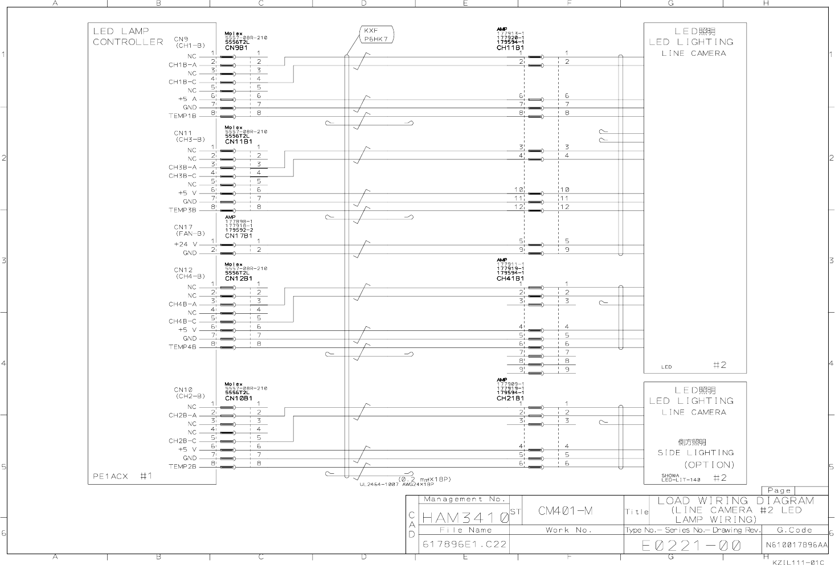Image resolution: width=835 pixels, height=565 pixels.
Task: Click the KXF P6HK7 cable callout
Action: click(376, 35)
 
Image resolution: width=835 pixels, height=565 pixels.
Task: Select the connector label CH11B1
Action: click(510, 48)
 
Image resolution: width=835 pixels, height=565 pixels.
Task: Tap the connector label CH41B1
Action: click(510, 279)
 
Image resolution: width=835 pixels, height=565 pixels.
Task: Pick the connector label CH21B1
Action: click(510, 398)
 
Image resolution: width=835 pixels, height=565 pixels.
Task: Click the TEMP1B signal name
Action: click(182, 116)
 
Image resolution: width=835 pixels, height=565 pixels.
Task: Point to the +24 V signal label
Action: click(185, 244)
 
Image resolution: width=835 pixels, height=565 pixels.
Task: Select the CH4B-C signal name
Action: click(182, 321)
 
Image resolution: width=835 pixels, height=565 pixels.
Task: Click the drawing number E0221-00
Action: click(691, 546)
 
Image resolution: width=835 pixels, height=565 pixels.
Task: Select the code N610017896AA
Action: click(796, 545)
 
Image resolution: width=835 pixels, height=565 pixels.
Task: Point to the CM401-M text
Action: click(565, 511)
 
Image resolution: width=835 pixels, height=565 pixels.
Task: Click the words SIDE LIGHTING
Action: click(695, 453)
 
